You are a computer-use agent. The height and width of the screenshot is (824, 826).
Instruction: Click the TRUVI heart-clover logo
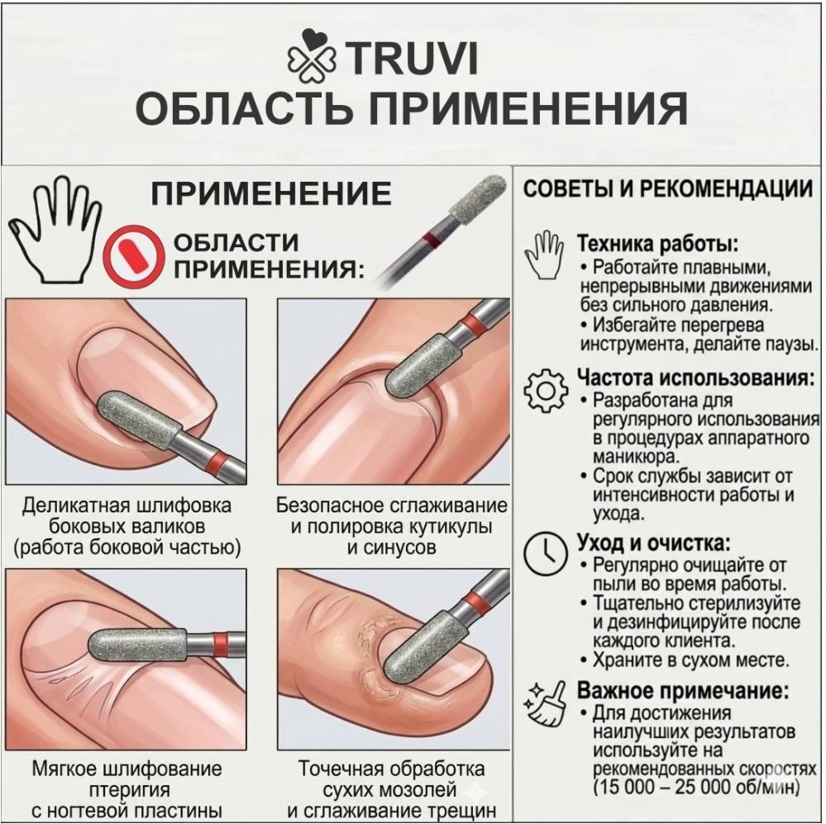point(312,56)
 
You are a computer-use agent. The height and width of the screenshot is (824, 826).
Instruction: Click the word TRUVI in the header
point(412,58)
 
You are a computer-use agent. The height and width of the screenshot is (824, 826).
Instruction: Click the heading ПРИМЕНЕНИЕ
point(271,193)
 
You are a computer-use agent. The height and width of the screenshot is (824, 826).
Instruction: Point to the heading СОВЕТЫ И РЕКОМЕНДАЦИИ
point(667,188)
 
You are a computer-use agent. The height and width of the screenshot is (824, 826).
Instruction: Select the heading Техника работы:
point(658,244)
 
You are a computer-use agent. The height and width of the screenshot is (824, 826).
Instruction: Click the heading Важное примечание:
point(683,690)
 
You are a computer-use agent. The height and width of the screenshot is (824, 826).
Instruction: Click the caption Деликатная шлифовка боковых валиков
point(127,516)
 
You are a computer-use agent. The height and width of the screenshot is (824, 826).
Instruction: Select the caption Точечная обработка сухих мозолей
point(391,779)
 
